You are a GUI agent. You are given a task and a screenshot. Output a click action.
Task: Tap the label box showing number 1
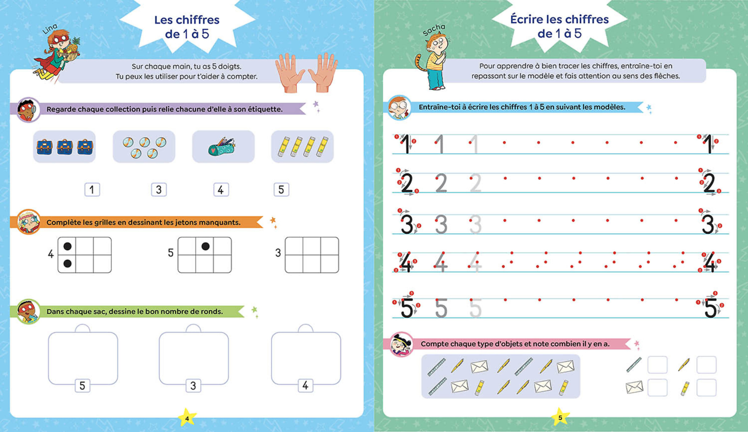92,189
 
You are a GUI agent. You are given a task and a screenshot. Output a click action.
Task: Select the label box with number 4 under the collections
221,189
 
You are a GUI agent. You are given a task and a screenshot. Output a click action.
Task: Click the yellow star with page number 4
187,418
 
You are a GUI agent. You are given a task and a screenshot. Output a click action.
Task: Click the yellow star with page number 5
560,417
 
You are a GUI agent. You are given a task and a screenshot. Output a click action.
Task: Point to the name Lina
50,29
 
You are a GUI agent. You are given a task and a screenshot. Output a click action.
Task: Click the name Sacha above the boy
434,30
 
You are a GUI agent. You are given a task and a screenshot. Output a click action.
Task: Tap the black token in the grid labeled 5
205,246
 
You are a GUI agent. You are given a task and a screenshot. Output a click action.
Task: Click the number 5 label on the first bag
82,386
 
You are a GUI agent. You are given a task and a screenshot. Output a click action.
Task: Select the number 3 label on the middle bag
193,386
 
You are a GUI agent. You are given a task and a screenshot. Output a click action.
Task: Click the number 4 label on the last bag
305,385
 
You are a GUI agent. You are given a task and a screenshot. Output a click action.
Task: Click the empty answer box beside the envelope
657,388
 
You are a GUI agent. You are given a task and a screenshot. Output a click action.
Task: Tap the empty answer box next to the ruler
657,365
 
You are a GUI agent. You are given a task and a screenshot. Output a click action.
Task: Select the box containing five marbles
144,147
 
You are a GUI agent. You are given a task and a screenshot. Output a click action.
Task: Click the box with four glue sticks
302,147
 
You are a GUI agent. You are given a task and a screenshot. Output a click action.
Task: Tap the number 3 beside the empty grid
278,253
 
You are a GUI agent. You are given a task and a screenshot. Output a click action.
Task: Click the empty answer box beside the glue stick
706,388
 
